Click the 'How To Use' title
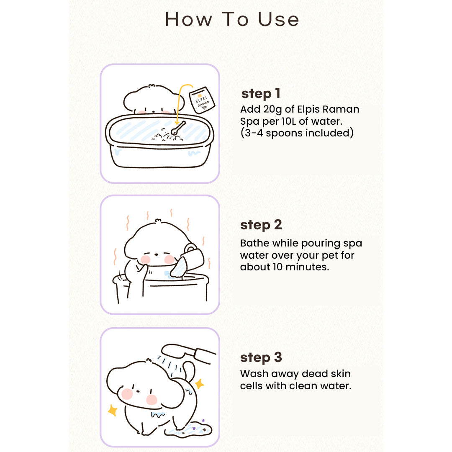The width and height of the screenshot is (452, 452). (x=232, y=19)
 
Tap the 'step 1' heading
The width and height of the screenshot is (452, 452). (x=261, y=94)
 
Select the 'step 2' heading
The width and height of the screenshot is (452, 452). (x=261, y=225)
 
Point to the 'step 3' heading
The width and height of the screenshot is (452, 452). (x=261, y=357)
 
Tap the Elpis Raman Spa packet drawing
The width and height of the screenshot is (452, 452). (x=202, y=100)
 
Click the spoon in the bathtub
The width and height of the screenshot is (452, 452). (x=178, y=128)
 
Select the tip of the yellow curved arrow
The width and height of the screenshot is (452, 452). (x=177, y=125)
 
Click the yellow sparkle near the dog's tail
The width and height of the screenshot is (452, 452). (x=200, y=384)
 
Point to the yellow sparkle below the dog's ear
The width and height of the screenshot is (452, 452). (x=113, y=410)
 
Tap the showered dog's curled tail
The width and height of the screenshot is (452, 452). (x=189, y=371)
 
